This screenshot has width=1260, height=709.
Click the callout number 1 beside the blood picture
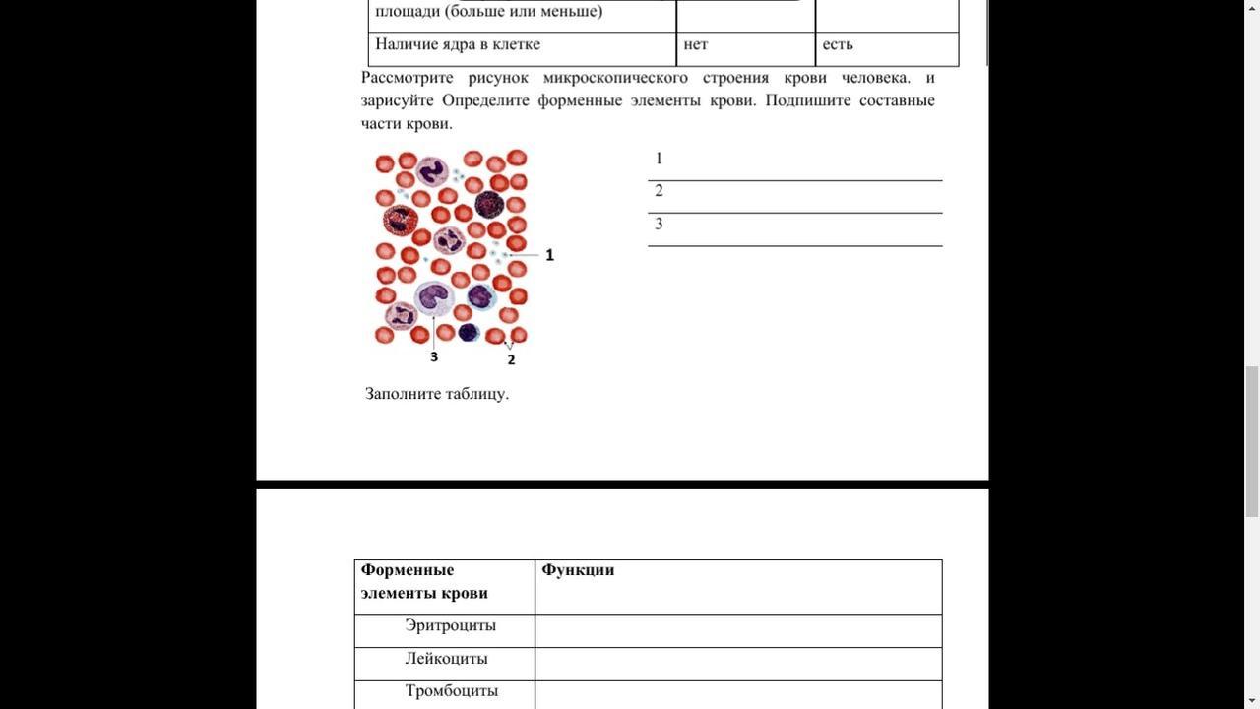[x=549, y=255]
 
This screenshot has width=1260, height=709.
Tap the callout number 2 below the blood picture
[x=511, y=360]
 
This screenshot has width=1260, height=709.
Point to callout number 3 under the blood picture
[x=434, y=356]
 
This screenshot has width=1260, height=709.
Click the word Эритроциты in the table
[x=450, y=626]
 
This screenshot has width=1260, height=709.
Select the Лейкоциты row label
[x=446, y=659]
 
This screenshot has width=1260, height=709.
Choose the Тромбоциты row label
[x=452, y=691]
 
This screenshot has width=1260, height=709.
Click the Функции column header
[x=578, y=570]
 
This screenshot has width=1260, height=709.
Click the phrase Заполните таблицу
[x=437, y=394]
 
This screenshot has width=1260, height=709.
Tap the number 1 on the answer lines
[x=659, y=159]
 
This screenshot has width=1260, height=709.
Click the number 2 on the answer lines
[x=659, y=191]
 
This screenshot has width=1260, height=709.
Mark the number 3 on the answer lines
[x=659, y=224]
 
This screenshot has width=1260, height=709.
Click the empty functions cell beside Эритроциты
[x=738, y=631]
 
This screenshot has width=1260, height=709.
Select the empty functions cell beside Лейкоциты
[x=738, y=664]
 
